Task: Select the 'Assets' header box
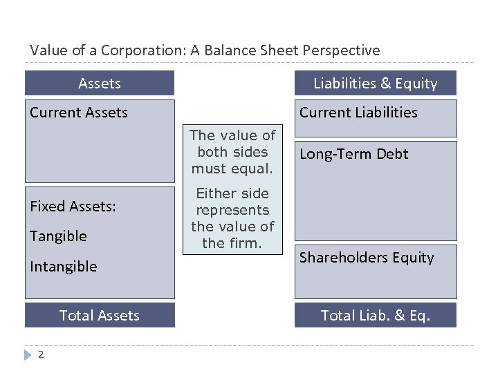100,84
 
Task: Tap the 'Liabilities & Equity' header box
376,84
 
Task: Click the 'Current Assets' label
79,113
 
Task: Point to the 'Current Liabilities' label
358,113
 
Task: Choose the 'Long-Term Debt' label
353,154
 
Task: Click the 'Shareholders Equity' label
367,258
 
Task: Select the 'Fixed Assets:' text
73,207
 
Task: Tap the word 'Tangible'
58,236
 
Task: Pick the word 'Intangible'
63,267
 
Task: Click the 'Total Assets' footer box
100,316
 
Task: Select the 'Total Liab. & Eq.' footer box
376,316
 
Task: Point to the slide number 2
41,354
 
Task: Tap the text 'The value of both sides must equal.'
232,152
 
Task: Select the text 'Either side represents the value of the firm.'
232,218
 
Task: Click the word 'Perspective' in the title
343,50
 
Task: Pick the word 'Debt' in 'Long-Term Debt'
393,154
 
